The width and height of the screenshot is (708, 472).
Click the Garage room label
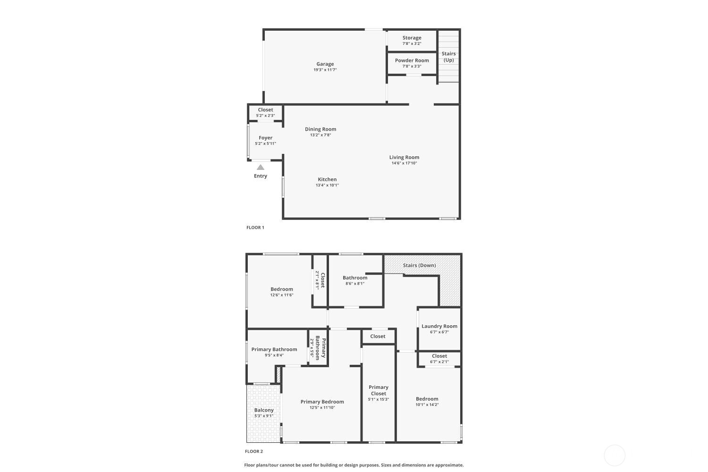pyautogui.click(x=325, y=64)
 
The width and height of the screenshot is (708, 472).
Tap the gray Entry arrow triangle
pyautogui.click(x=261, y=167)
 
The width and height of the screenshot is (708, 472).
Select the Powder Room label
pyautogui.click(x=412, y=60)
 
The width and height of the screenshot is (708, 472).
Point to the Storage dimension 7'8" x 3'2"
pyautogui.click(x=412, y=43)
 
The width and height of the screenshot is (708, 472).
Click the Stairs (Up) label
pyautogui.click(x=448, y=57)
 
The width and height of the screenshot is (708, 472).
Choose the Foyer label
pyautogui.click(x=265, y=138)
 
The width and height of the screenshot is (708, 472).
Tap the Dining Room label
pyautogui.click(x=320, y=129)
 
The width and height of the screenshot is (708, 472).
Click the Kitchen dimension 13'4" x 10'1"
pyautogui.click(x=327, y=185)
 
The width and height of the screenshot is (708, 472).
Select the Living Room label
pyautogui.click(x=404, y=158)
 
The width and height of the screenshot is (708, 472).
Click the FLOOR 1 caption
pyautogui.click(x=255, y=228)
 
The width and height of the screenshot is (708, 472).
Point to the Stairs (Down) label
pyautogui.click(x=419, y=265)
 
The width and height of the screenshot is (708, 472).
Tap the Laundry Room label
pyautogui.click(x=439, y=326)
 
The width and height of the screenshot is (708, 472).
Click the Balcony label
pyautogui.click(x=264, y=410)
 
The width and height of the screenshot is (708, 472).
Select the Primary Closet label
pyautogui.click(x=379, y=390)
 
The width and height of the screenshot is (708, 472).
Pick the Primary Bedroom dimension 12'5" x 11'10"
pyautogui.click(x=322, y=407)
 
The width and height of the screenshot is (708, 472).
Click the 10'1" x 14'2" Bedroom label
pyautogui.click(x=427, y=399)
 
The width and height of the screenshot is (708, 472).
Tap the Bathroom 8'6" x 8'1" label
pyautogui.click(x=355, y=278)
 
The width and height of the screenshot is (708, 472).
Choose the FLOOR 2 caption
pyautogui.click(x=254, y=451)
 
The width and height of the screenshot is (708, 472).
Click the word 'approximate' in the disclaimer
pyautogui.click(x=450, y=465)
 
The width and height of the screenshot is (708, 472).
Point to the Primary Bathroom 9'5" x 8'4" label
pyautogui.click(x=274, y=350)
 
